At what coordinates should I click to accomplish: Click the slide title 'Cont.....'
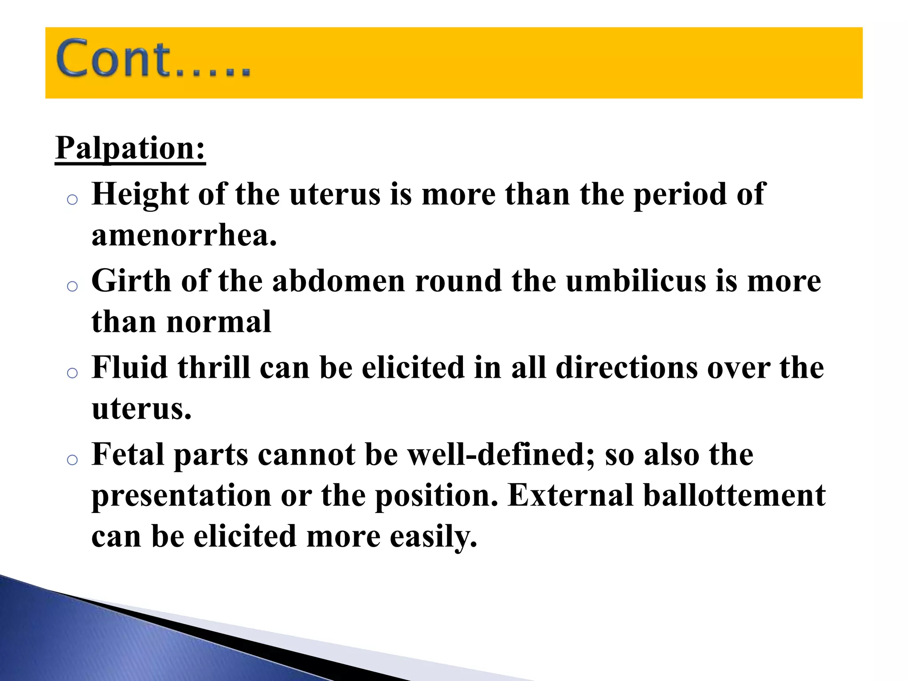(x=153, y=59)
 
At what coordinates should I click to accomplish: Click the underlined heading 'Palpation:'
(x=130, y=148)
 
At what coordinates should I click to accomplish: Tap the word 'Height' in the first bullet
(x=140, y=195)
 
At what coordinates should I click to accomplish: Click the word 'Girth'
(x=131, y=281)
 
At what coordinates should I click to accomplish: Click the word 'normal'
(x=219, y=322)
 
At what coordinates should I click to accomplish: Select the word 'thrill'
(x=214, y=368)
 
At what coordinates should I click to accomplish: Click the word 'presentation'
(x=181, y=496)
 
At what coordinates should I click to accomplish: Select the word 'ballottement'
(x=735, y=495)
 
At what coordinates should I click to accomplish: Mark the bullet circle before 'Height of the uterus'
(x=72, y=200)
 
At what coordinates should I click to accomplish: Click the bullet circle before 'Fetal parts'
(x=72, y=460)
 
